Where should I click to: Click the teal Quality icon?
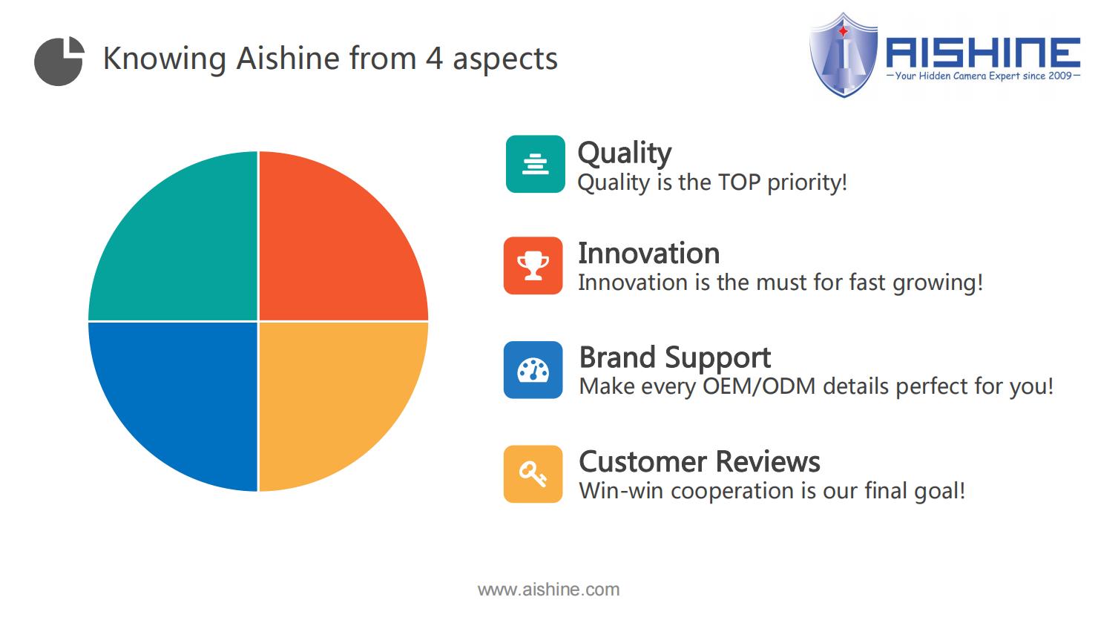click(x=536, y=164)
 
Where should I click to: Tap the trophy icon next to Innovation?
click(x=533, y=265)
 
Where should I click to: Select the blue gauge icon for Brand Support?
click(x=533, y=370)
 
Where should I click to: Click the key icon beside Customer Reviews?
click(x=533, y=474)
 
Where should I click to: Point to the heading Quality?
click(x=625, y=154)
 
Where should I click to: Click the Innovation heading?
click(x=649, y=254)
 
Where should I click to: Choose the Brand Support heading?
click(x=675, y=357)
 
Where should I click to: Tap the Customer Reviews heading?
click(x=700, y=462)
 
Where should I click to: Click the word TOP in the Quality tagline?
click(x=739, y=182)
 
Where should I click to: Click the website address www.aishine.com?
click(x=548, y=590)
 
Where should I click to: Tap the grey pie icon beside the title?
click(x=59, y=62)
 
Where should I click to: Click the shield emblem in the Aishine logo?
click(x=844, y=55)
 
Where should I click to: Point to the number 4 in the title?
click(x=434, y=59)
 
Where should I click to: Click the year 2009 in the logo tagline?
click(x=1059, y=76)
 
